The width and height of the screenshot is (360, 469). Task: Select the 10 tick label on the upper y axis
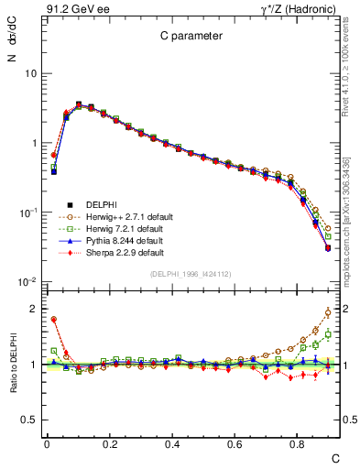[30, 73]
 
